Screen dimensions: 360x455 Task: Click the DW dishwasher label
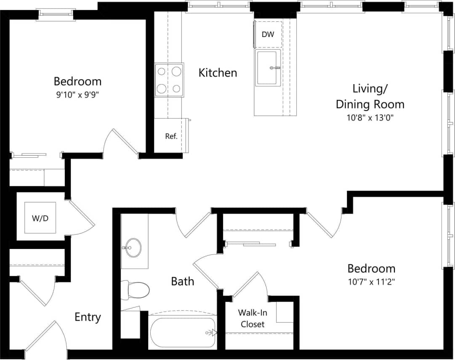[x=268, y=34]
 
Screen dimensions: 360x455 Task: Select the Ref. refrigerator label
[x=171, y=136]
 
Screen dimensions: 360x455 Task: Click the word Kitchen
[x=218, y=73]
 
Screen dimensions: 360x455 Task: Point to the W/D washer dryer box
[x=40, y=218]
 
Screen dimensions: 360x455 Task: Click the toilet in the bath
[x=136, y=289]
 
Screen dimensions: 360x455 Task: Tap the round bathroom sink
[x=133, y=248]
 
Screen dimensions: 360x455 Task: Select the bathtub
[x=182, y=332]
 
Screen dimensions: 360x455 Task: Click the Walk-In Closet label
[x=251, y=318]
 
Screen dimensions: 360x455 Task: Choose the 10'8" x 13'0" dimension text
[x=370, y=118]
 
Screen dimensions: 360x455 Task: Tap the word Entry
[x=88, y=317]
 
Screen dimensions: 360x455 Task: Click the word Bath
[x=182, y=281]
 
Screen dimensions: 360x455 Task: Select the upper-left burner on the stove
[x=161, y=71]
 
